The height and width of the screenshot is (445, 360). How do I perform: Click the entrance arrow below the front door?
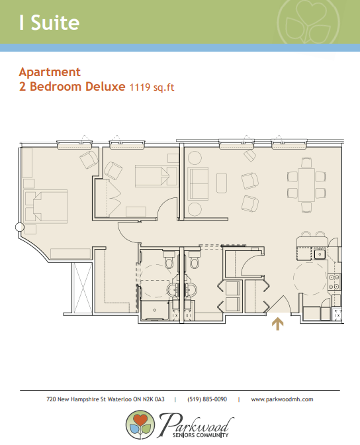277,324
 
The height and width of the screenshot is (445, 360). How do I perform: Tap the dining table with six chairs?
306,185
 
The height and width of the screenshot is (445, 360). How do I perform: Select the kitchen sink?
320,254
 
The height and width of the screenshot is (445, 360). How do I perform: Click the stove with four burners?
334,282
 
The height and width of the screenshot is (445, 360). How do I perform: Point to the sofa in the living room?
198,183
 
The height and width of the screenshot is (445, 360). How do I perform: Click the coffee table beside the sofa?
222,183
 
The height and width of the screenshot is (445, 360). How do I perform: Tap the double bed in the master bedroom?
46,207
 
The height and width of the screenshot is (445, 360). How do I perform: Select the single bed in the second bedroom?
156,176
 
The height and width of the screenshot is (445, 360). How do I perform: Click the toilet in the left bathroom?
169,260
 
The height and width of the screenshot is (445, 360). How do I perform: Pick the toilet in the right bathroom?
195,260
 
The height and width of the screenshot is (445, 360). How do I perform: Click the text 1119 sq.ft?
152,87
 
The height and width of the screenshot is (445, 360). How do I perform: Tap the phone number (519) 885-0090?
207,399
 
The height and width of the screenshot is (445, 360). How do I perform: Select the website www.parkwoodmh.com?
282,399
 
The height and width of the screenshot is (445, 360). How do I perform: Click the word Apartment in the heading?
50,72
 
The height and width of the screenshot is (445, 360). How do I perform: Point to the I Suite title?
50,23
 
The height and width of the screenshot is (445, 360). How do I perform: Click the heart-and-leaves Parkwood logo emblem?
140,424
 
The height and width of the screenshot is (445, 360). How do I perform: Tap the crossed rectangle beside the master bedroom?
82,288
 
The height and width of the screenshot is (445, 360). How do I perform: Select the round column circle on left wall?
20,227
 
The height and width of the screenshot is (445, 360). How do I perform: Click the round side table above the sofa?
195,158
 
